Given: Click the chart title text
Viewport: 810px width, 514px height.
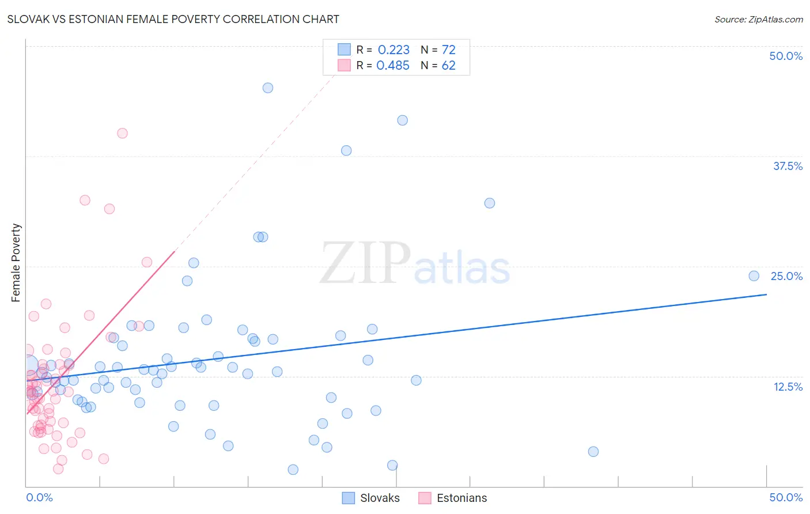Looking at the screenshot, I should (x=173, y=19).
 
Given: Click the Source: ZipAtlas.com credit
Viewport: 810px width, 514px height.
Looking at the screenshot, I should (x=758, y=19).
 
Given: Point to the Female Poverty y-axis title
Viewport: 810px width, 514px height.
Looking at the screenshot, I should (x=16, y=263).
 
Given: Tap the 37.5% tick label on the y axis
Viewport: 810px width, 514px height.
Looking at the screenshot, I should (x=787, y=166).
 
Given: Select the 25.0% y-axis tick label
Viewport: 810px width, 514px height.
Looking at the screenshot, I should (x=786, y=276).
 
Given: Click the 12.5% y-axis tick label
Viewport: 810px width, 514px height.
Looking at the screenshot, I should (x=787, y=387).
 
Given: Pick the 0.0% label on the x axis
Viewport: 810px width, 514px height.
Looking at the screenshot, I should (x=39, y=497).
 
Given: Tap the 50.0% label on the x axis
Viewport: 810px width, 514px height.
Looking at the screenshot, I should (x=785, y=497).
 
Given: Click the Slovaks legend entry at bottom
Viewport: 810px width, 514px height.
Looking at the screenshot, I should (x=371, y=498).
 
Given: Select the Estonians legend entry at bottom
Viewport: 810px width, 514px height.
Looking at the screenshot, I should (x=453, y=498).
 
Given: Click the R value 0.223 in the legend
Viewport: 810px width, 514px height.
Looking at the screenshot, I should (x=393, y=50).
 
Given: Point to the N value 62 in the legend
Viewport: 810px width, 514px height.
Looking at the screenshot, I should (x=448, y=66).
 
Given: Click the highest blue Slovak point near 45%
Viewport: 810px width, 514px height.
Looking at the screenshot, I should (x=268, y=88).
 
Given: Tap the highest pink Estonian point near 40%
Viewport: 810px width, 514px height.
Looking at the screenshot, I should (x=122, y=133).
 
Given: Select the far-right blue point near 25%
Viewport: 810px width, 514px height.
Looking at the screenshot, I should (x=754, y=276).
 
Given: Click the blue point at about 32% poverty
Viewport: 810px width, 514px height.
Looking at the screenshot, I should (x=490, y=203).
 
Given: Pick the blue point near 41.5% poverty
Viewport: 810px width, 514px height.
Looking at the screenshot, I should (x=403, y=120).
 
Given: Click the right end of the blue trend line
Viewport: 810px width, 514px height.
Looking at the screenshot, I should (x=766, y=294).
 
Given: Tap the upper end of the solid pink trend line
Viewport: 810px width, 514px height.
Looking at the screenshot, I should (x=175, y=252).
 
